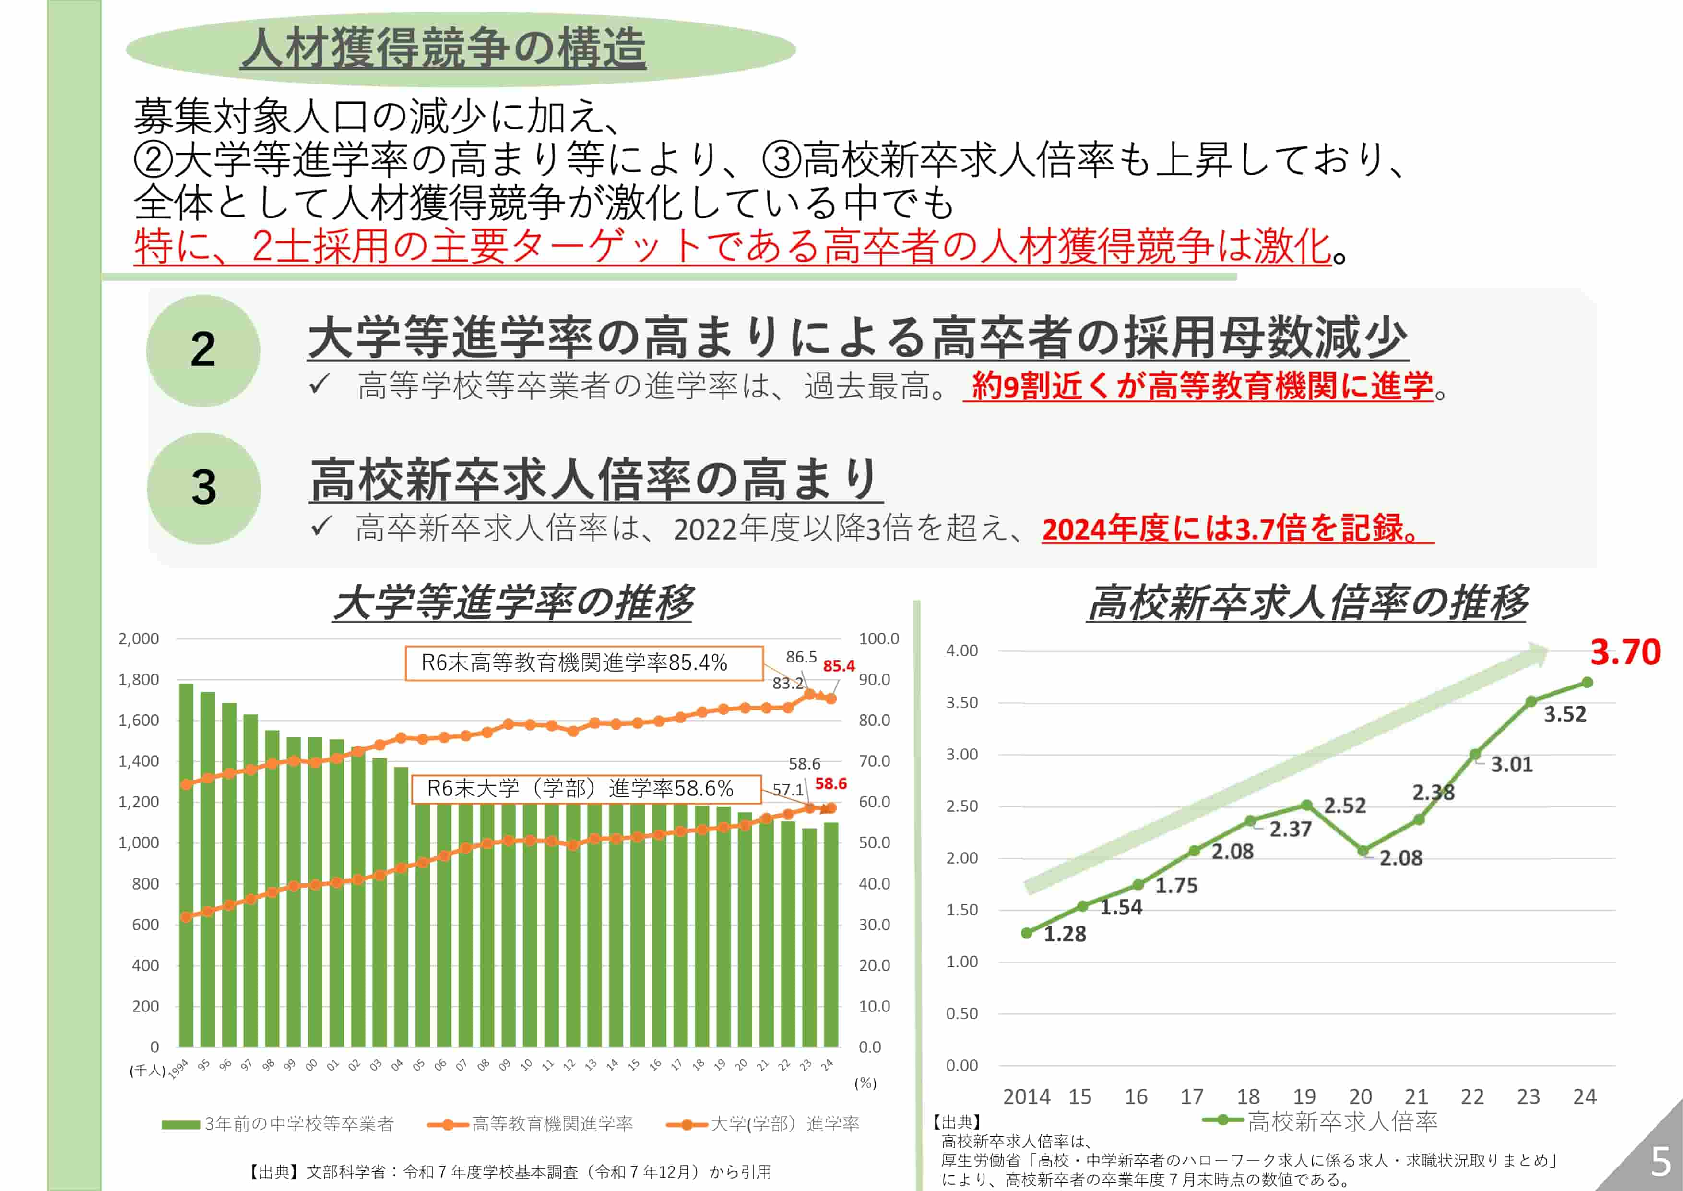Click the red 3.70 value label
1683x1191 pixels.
1625,652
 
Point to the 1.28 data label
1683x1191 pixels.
1064,934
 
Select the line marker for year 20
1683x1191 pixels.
1363,851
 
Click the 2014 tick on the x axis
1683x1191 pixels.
1026,1096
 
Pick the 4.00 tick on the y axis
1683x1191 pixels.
962,650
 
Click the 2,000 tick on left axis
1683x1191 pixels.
139,639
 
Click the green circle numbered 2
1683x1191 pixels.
203,350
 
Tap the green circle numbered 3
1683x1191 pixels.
204,488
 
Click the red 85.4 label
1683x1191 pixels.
839,666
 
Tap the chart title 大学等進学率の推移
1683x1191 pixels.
513,603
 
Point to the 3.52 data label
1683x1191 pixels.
1565,714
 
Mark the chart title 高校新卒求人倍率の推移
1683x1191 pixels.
1307,603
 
